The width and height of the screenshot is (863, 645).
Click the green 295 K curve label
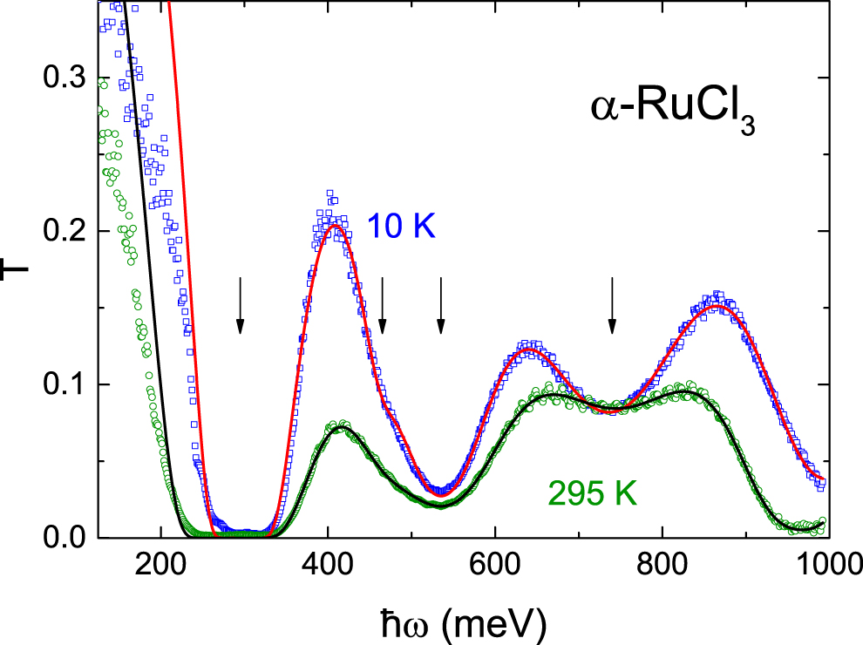(593, 494)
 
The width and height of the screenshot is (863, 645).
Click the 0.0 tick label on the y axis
(65, 538)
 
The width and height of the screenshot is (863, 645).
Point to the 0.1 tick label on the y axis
(65, 384)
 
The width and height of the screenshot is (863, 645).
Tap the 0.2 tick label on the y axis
(65, 231)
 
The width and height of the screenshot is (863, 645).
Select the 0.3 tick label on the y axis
(65, 78)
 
